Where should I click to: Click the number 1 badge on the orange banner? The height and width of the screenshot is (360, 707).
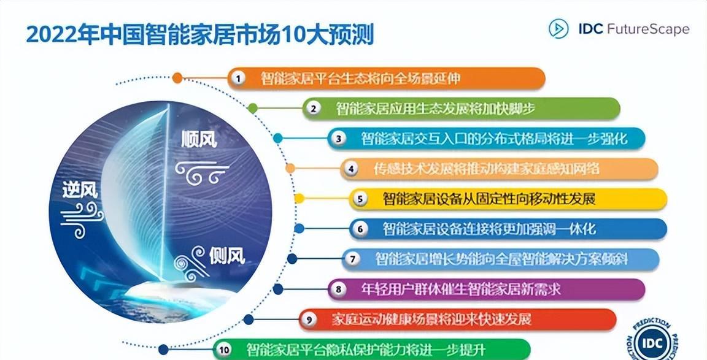tap(238, 79)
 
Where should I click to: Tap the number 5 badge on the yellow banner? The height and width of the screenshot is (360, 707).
tap(360, 199)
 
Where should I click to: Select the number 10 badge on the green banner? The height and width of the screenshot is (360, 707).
tap(223, 350)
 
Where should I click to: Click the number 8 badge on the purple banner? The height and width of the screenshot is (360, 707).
tap(338, 289)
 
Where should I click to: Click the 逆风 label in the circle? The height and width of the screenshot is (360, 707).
tap(80, 191)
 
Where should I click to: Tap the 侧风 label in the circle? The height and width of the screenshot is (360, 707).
tap(227, 256)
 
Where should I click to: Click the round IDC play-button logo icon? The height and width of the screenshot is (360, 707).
tap(558, 28)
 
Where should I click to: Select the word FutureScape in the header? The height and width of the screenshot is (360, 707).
tap(648, 29)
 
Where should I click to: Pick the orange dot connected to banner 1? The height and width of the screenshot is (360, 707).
tap(177, 78)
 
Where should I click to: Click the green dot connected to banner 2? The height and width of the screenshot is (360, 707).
tap(252, 108)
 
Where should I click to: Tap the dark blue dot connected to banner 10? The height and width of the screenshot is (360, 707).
tap(163, 350)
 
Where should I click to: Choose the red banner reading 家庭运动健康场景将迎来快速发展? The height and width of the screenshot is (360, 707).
tap(458, 320)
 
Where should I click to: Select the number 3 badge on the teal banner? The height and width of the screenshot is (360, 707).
tap(339, 139)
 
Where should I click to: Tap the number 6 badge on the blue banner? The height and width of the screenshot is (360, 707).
tap(360, 229)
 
